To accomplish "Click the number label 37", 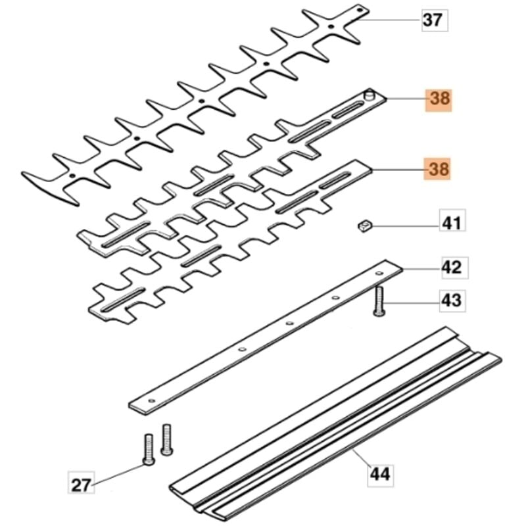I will tap(433, 20).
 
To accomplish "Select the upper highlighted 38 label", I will tap(439, 100).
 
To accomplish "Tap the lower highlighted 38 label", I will tap(439, 170).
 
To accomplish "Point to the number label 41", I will tap(452, 224).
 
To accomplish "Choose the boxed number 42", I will tap(452, 268).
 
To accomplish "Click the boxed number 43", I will tap(452, 301).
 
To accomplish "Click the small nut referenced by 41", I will tap(362, 227).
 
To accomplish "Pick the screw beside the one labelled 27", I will tap(166, 437).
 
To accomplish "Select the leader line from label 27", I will tap(118, 475).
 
